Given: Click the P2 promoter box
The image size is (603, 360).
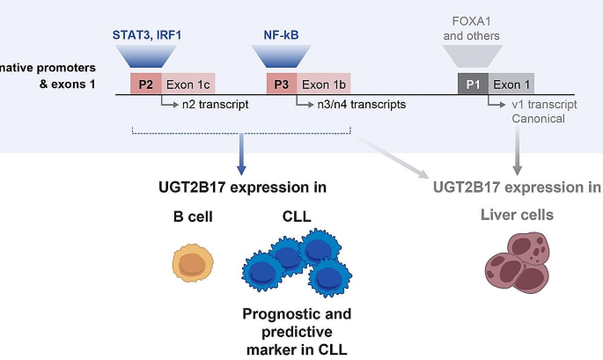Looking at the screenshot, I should point(146,84).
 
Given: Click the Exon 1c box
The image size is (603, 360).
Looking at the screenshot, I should point(188,84).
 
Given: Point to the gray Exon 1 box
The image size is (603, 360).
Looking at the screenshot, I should point(511,84).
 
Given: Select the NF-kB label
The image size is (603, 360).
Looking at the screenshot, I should point(282,35).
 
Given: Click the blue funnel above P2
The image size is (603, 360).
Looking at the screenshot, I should point(145,56).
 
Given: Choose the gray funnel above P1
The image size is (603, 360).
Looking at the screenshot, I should point(473,57).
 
